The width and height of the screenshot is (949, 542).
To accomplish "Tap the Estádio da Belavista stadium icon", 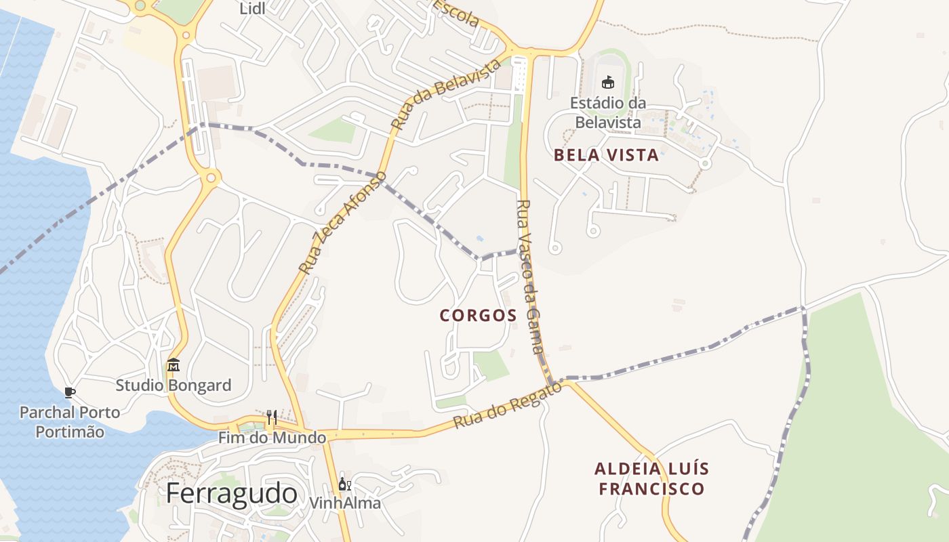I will (607, 82).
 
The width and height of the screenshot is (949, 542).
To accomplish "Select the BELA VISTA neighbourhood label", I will (606, 155).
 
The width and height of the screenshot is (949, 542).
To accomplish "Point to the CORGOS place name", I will (479, 316).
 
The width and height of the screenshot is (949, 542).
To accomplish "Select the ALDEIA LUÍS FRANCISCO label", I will (651, 479).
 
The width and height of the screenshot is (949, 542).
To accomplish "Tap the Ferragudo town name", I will (232, 493).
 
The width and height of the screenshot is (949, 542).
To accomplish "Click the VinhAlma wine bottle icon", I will (344, 484).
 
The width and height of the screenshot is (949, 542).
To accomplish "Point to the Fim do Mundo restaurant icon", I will (271, 417).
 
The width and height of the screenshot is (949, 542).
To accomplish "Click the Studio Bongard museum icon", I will (173, 365).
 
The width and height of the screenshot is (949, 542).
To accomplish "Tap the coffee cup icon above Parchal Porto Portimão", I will (69, 392).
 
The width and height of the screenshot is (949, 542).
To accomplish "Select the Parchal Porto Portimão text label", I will (70, 422).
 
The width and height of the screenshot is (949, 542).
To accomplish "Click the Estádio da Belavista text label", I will (608, 112).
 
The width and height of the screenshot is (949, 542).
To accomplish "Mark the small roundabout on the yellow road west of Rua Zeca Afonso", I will (211, 178).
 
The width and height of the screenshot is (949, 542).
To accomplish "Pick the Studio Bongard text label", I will (174, 385).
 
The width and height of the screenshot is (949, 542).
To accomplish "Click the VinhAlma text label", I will (344, 503).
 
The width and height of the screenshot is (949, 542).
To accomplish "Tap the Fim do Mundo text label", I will (272, 438).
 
